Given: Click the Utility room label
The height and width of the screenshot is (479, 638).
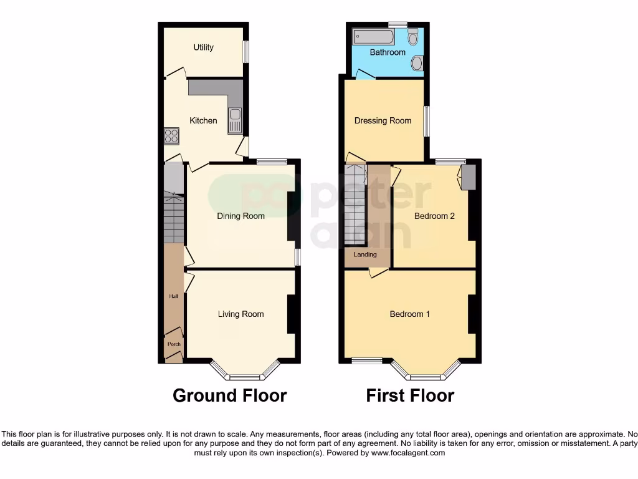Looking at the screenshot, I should [x=204, y=47].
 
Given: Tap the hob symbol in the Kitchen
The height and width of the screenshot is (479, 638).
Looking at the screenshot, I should [x=171, y=135].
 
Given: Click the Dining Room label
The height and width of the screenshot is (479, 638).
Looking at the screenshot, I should [x=240, y=216].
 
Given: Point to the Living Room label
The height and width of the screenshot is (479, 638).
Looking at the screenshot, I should [x=240, y=314].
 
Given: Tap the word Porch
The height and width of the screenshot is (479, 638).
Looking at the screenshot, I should [x=174, y=344].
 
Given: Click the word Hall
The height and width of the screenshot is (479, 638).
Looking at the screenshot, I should [x=174, y=296].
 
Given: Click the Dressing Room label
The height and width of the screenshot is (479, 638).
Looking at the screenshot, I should [x=383, y=121].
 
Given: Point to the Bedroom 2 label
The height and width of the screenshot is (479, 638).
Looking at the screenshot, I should [x=434, y=216].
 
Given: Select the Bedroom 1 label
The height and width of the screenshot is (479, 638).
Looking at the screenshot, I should [x=409, y=314].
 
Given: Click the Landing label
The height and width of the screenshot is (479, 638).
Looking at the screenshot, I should [x=365, y=255].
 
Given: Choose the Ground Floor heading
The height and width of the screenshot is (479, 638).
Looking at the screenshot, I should [x=229, y=395].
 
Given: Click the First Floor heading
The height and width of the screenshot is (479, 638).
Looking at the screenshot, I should [x=410, y=395].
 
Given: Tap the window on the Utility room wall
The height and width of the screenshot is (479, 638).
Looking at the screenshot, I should [x=245, y=52].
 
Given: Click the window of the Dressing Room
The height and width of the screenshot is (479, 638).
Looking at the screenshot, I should [x=426, y=120].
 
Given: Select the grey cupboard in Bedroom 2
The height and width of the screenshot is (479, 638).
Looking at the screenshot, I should [x=469, y=177].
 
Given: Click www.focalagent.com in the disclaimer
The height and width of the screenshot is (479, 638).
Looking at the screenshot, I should [x=408, y=453].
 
